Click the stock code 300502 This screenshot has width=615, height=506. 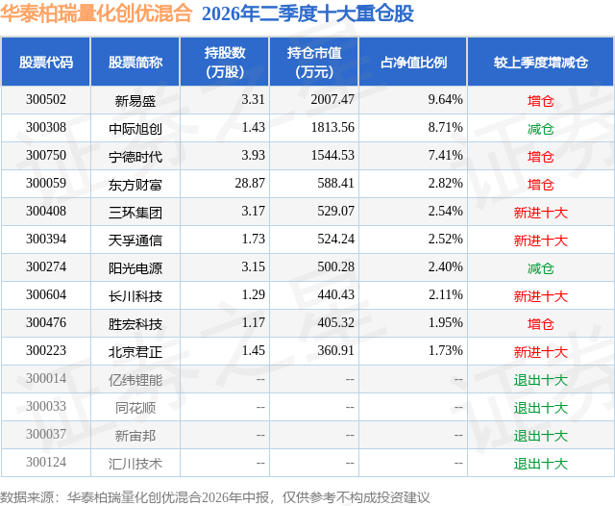point(46,99)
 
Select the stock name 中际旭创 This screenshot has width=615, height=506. point(135,129)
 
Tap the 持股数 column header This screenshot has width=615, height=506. point(225,62)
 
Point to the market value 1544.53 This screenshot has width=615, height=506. point(332,155)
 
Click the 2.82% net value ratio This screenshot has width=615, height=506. point(446,183)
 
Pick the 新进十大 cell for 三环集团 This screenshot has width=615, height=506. point(541,213)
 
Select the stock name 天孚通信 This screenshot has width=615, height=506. point(135,240)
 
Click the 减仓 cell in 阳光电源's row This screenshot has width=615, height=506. point(541,268)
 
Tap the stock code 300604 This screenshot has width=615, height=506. point(46,294)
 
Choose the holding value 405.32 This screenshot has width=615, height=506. point(335,322)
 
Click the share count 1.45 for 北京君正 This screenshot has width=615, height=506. point(254,350)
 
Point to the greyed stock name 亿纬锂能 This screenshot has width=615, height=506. point(135,380)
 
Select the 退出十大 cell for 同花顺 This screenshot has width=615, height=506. point(541,408)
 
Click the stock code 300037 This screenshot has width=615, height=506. point(46,434)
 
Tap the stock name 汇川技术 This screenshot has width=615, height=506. point(135,464)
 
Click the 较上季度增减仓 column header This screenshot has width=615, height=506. point(541,62)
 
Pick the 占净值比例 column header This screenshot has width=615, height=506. point(413,62)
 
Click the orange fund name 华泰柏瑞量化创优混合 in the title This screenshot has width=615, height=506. point(96,13)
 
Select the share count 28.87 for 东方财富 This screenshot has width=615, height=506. point(250,183)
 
